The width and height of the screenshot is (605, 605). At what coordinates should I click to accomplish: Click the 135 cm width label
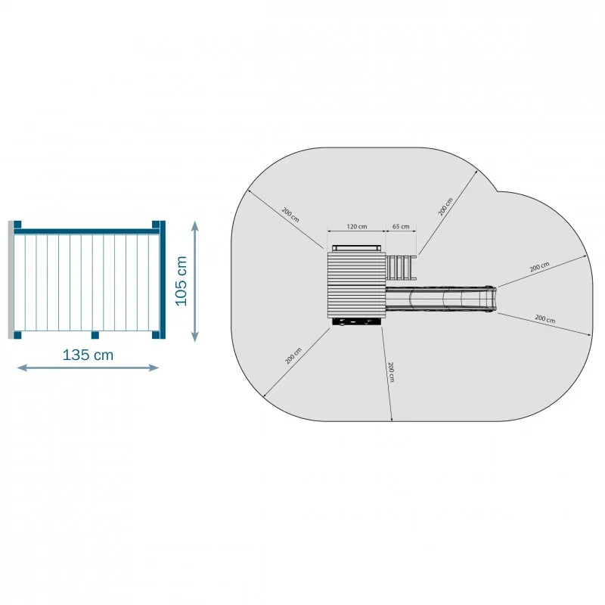coord(88,355)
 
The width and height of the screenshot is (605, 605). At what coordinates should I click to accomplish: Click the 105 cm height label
coord(181,281)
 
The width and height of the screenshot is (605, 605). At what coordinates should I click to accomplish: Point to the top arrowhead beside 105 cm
coord(195,226)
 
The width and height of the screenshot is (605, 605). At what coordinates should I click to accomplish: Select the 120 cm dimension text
coord(357,226)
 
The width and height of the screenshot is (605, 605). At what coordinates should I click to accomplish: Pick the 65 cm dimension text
coord(401,226)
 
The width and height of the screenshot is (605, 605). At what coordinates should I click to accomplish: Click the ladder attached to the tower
coord(402,268)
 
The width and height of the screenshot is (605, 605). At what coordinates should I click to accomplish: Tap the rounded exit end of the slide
coord(490,299)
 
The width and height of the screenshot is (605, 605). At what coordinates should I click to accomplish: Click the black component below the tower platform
coord(356,322)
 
